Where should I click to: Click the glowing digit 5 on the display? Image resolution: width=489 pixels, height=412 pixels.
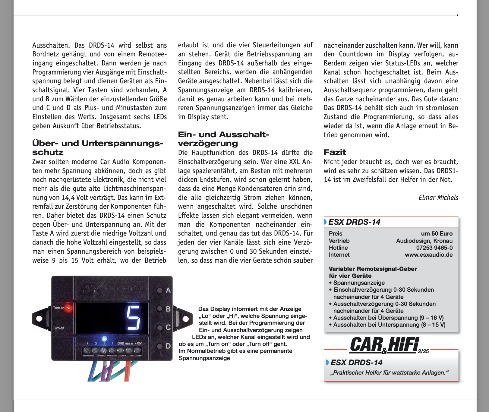pyautogui.click(x=134, y=318)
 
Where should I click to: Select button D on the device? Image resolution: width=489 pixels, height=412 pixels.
pyautogui.click(x=160, y=346)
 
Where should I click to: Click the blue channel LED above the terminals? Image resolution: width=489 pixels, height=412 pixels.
pyautogui.click(x=104, y=338)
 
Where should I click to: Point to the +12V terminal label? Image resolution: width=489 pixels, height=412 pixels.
pyautogui.click(x=138, y=343)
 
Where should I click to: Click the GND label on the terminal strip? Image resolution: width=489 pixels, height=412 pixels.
pyautogui.click(x=121, y=343)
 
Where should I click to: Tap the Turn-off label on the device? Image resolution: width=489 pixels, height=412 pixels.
pyautogui.click(x=58, y=328)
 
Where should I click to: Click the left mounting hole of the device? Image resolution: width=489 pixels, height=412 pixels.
pyautogui.click(x=39, y=319)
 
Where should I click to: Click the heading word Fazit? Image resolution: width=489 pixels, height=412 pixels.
pyautogui.click(x=335, y=152)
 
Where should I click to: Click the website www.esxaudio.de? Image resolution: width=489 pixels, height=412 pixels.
pyautogui.click(x=428, y=255)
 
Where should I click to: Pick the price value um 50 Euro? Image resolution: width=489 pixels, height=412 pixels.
pyautogui.click(x=437, y=233)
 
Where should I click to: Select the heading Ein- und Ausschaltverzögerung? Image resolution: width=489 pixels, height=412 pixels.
pyautogui.click(x=223, y=139)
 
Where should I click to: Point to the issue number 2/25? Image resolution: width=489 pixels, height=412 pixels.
pyautogui.click(x=423, y=351)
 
